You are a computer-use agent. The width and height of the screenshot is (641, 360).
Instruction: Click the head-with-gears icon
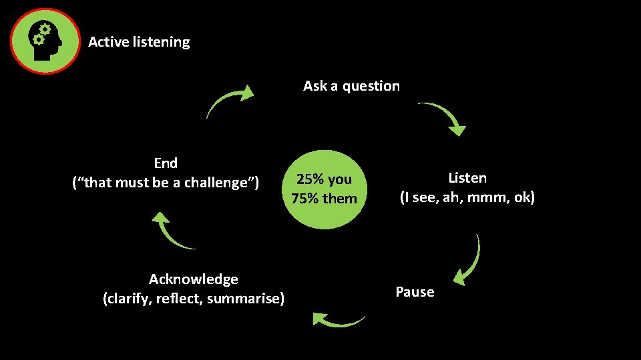(44, 41)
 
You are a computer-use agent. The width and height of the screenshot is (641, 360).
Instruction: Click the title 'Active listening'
(139, 42)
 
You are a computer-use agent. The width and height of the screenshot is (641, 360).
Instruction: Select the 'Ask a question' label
(351, 86)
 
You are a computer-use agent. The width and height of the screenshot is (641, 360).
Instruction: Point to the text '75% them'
(324, 199)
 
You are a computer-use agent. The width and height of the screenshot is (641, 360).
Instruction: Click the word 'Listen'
(467, 178)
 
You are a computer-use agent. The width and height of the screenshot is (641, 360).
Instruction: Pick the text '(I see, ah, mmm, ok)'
(467, 198)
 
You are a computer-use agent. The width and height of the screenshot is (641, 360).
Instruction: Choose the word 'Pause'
(415, 292)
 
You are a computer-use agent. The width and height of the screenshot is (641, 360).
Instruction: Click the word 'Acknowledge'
(193, 279)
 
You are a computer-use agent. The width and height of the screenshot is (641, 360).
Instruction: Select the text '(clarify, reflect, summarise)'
(193, 298)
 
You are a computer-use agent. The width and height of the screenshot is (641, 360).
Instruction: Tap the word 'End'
(166, 163)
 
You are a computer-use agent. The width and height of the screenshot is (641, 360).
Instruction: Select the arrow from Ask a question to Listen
(445, 116)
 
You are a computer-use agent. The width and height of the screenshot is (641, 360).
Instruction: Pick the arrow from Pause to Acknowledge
(338, 321)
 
